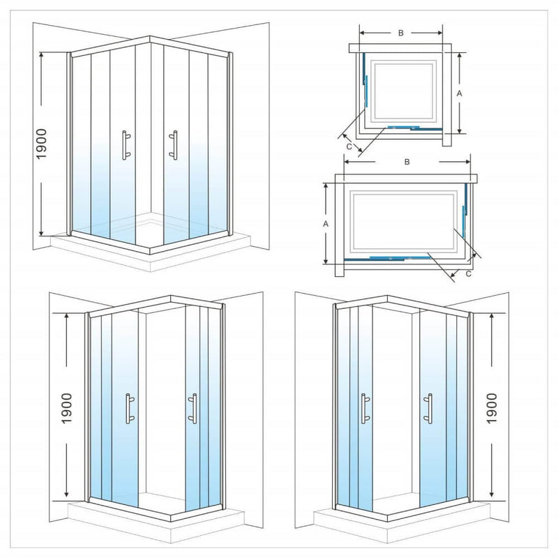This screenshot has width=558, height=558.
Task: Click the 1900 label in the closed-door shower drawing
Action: (x=41, y=144)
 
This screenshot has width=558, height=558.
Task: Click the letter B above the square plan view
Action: (x=400, y=33)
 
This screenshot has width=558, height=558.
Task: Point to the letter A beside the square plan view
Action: (x=459, y=91)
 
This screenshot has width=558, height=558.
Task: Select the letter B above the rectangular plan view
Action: (x=406, y=161)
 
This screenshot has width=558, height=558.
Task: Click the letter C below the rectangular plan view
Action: (x=468, y=274)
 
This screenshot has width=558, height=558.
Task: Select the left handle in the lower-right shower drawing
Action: (x=363, y=409)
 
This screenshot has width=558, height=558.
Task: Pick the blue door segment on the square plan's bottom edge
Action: (x=401, y=128)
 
